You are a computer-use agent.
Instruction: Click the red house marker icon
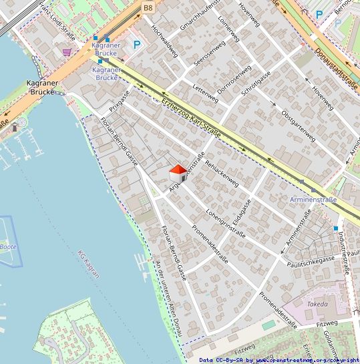178,173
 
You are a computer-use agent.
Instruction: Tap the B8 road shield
148,7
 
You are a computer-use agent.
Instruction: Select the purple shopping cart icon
67,51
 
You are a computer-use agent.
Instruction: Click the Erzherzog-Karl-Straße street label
191,118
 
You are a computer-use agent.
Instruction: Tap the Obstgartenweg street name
299,125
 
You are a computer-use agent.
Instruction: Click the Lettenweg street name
205,94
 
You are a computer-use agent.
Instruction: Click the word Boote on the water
8,246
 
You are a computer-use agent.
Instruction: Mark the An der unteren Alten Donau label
169,297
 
